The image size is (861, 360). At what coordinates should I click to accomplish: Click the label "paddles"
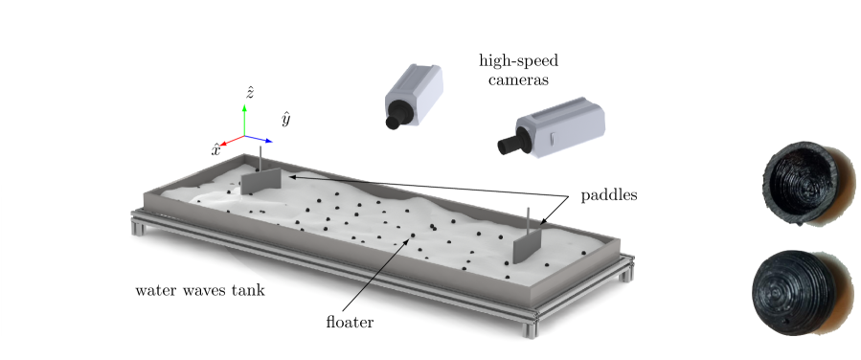tap(609, 195)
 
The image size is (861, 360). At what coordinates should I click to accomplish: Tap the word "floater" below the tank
tap(350, 322)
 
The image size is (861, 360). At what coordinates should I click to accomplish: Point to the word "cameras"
tap(518, 80)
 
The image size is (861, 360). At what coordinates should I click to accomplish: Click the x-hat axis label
tap(216, 148)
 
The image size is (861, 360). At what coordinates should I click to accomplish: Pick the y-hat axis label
tap(285, 119)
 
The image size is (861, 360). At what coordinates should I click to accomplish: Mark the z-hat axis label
tap(249, 92)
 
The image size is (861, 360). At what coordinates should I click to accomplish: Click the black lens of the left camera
tap(394, 122)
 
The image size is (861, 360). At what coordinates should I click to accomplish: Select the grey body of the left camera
tap(415, 90)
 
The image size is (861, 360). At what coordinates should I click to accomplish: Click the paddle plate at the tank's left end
tap(260, 181)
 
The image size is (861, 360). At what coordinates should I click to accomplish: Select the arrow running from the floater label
tap(383, 277)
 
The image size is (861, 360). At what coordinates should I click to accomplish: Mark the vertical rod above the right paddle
tap(528, 218)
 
